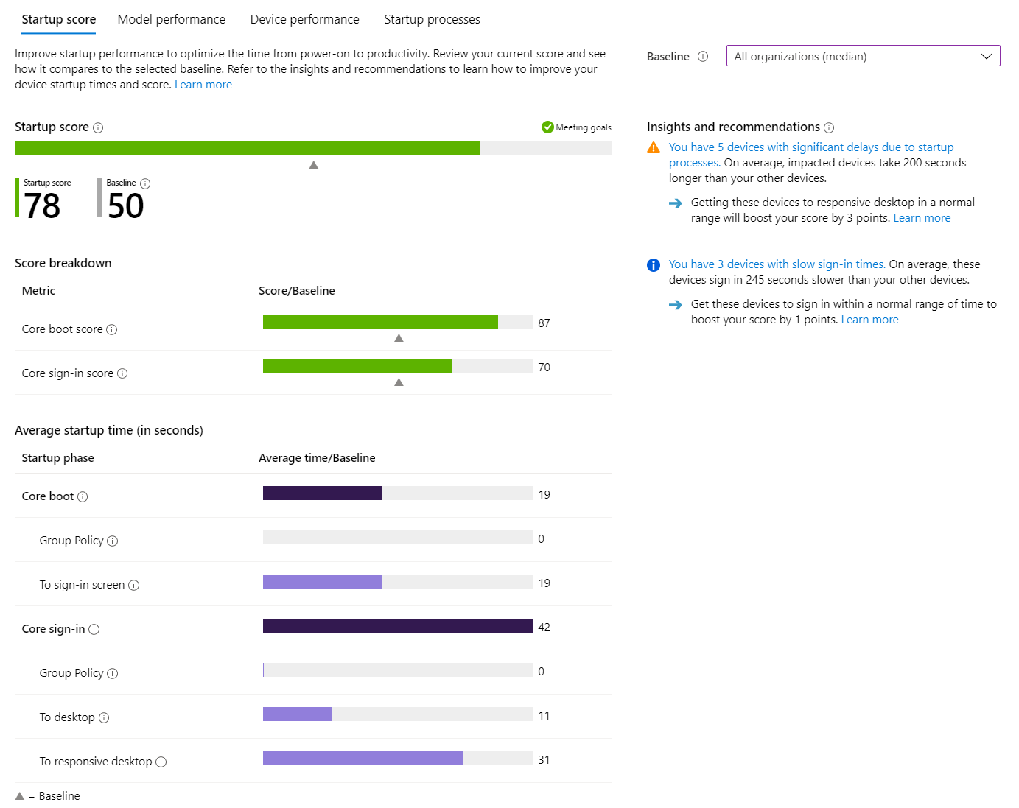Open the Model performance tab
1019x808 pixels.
pos(171,19)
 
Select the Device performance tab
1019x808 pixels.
pos(304,19)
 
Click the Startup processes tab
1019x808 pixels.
pos(432,19)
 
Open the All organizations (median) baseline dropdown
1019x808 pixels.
pos(863,56)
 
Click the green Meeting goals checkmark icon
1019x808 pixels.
pos(547,127)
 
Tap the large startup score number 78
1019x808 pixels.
pos(42,205)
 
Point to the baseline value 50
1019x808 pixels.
pos(125,205)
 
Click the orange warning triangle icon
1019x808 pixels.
pos(654,148)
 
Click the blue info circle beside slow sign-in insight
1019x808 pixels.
pos(654,265)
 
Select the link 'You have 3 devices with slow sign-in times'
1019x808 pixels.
pos(777,264)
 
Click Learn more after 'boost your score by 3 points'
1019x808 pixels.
pos(922,218)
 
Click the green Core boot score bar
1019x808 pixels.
pos(380,322)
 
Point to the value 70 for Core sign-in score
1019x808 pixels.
pos(544,367)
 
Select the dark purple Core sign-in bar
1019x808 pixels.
pos(398,626)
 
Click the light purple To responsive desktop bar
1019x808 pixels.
pos(363,759)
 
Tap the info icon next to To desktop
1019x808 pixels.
pos(104,717)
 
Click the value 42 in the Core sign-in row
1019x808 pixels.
pos(544,628)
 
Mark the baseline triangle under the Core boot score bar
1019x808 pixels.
pos(399,338)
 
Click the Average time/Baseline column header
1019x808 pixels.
pos(317,458)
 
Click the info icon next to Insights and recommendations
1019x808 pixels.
pos(829,127)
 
